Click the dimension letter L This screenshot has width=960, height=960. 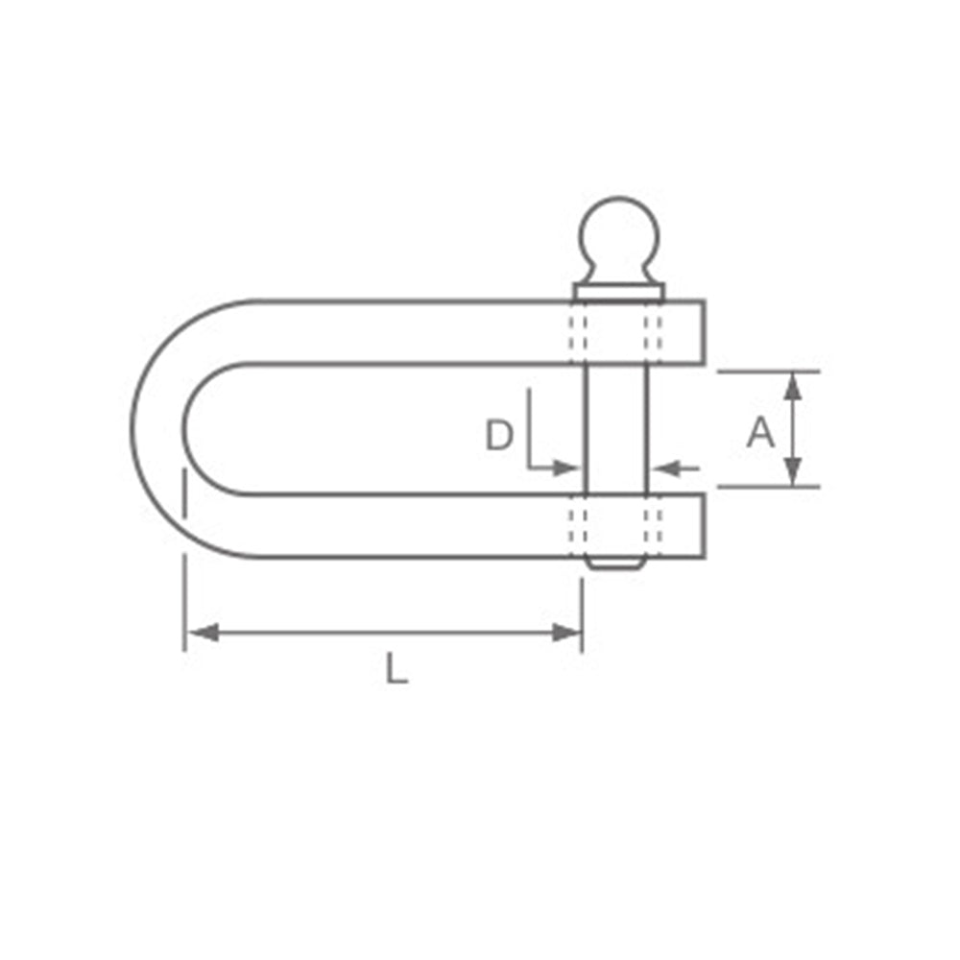(x=396, y=668)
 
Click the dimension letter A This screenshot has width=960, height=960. (x=760, y=433)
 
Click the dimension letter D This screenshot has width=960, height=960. (x=498, y=437)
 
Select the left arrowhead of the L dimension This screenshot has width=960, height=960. (x=198, y=633)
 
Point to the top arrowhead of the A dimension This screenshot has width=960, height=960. (x=792, y=385)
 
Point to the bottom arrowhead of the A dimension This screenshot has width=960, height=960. (x=792, y=472)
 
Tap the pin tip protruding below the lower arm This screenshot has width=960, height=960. (x=616, y=564)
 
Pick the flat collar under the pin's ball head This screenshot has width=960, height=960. (x=619, y=291)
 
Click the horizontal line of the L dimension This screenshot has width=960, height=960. (x=384, y=633)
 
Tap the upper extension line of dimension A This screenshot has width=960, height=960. (x=768, y=371)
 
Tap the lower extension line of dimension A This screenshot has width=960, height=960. (x=768, y=487)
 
